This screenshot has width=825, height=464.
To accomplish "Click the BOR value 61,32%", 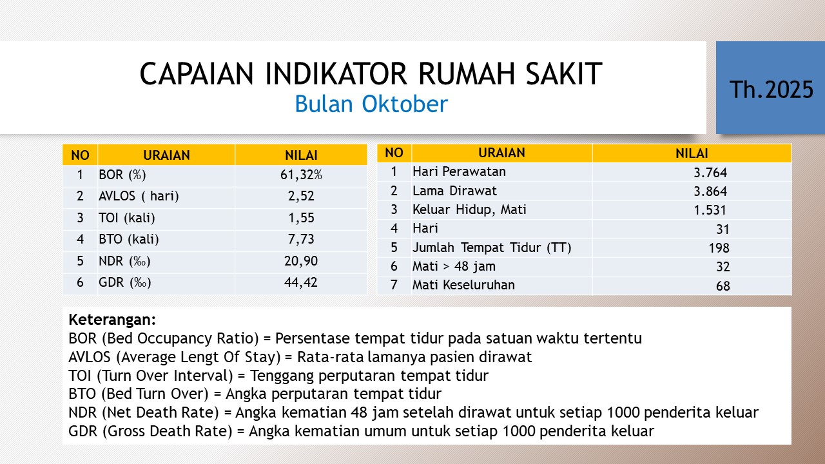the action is tap(301, 175).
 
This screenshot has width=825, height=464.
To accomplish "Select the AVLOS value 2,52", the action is tap(301, 196).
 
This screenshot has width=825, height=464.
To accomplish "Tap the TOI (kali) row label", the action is tap(127, 218).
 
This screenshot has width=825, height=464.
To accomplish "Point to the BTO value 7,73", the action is tap(301, 239).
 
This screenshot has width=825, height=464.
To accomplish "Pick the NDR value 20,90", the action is tap(301, 261).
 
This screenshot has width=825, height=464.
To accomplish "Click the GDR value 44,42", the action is tap(301, 282).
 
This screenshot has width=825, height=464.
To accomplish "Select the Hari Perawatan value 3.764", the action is tap(710, 173).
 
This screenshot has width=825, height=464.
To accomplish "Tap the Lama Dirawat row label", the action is tap(454, 191).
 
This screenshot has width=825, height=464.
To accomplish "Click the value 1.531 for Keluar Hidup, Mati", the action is tap(710, 210).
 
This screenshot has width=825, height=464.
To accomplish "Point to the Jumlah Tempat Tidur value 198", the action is tap(719, 248).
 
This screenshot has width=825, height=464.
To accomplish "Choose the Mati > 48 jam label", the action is tap(454, 266).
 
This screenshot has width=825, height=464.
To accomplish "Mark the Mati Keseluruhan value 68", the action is tap(723, 285).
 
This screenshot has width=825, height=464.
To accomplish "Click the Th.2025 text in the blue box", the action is tap(772, 90).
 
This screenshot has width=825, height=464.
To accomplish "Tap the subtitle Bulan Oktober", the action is tap(371, 104).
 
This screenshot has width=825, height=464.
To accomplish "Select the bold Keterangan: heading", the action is tap(112, 320).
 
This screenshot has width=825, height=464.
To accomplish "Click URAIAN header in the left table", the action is tap(166, 155).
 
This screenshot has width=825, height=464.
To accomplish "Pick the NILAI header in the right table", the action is tap(692, 153).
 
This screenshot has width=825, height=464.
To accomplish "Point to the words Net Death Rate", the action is tap(160, 412).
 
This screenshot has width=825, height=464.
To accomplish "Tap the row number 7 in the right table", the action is tap(394, 285).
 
